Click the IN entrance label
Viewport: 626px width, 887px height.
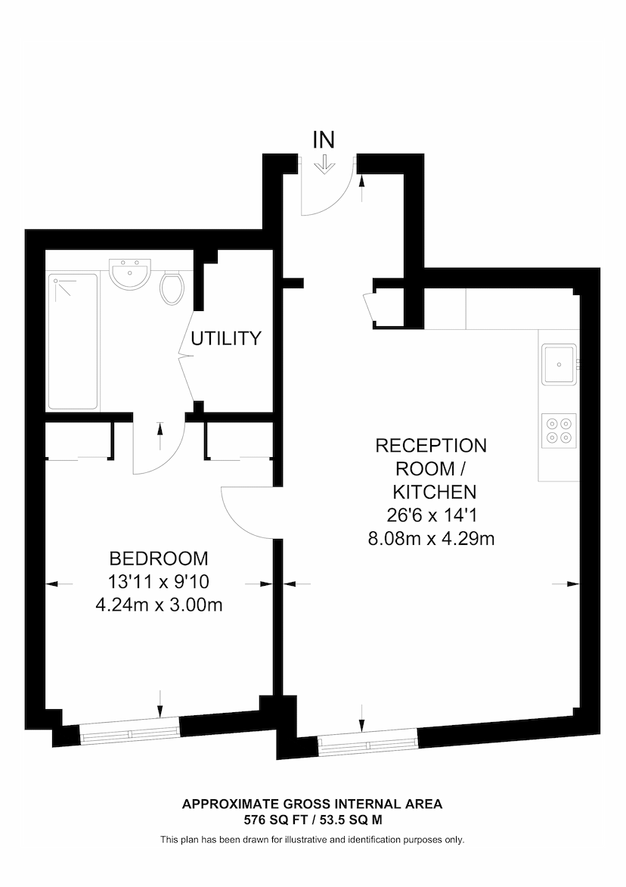[x=324, y=139]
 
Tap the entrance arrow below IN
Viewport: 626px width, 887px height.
[x=324, y=164]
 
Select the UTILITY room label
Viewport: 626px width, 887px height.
[x=226, y=338]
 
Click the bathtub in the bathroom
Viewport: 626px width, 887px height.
[x=73, y=341]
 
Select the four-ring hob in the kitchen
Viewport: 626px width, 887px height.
[x=559, y=430]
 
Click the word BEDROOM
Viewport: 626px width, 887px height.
[x=159, y=559]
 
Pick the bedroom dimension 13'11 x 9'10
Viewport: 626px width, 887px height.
[x=159, y=582]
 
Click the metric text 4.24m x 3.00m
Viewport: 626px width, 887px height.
[x=159, y=605]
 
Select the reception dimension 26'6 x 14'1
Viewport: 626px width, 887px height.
[x=431, y=515]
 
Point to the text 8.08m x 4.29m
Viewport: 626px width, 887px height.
[x=431, y=539]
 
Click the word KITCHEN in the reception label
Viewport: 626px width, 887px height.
[x=431, y=492]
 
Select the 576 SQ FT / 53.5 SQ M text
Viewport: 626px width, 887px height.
[x=312, y=819]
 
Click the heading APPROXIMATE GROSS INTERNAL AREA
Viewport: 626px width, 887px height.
[x=312, y=804]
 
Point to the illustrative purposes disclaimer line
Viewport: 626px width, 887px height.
[x=312, y=839]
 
